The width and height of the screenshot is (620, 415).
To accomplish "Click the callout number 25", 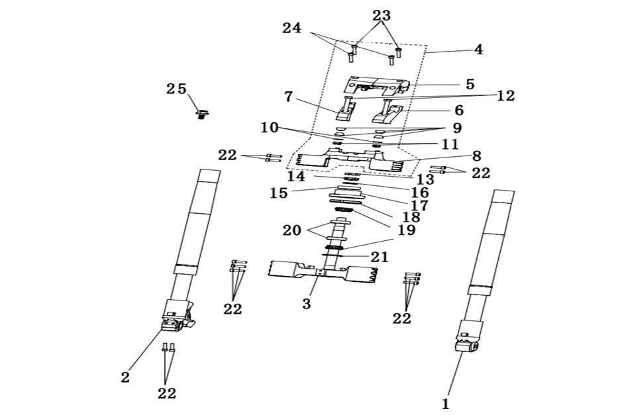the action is tap(176, 89).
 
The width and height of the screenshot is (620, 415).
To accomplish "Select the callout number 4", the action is tap(478, 50).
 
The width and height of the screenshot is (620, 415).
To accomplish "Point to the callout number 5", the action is tap(470, 84).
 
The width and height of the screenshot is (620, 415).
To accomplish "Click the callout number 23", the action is tap(382, 15).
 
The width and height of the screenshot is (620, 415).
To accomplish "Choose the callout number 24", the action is tap(292, 28).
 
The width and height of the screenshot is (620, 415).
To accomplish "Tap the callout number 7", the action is tap(289, 97).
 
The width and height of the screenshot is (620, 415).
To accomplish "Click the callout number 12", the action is tap(505, 96).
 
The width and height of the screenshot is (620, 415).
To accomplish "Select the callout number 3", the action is tap(307, 304).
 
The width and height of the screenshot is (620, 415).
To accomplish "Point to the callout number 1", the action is tap(446, 404).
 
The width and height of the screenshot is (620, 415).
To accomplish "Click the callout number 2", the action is tap(125, 377).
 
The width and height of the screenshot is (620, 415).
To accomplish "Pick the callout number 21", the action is tap(380, 257).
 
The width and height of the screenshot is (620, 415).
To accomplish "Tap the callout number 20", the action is tap(292, 230).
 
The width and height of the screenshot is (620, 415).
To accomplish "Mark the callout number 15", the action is tap(279, 193).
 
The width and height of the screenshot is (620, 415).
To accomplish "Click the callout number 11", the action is tap(450, 144).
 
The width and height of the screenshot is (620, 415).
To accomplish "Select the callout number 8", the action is tap(477, 156).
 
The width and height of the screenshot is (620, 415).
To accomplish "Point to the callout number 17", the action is tap(419, 206).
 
